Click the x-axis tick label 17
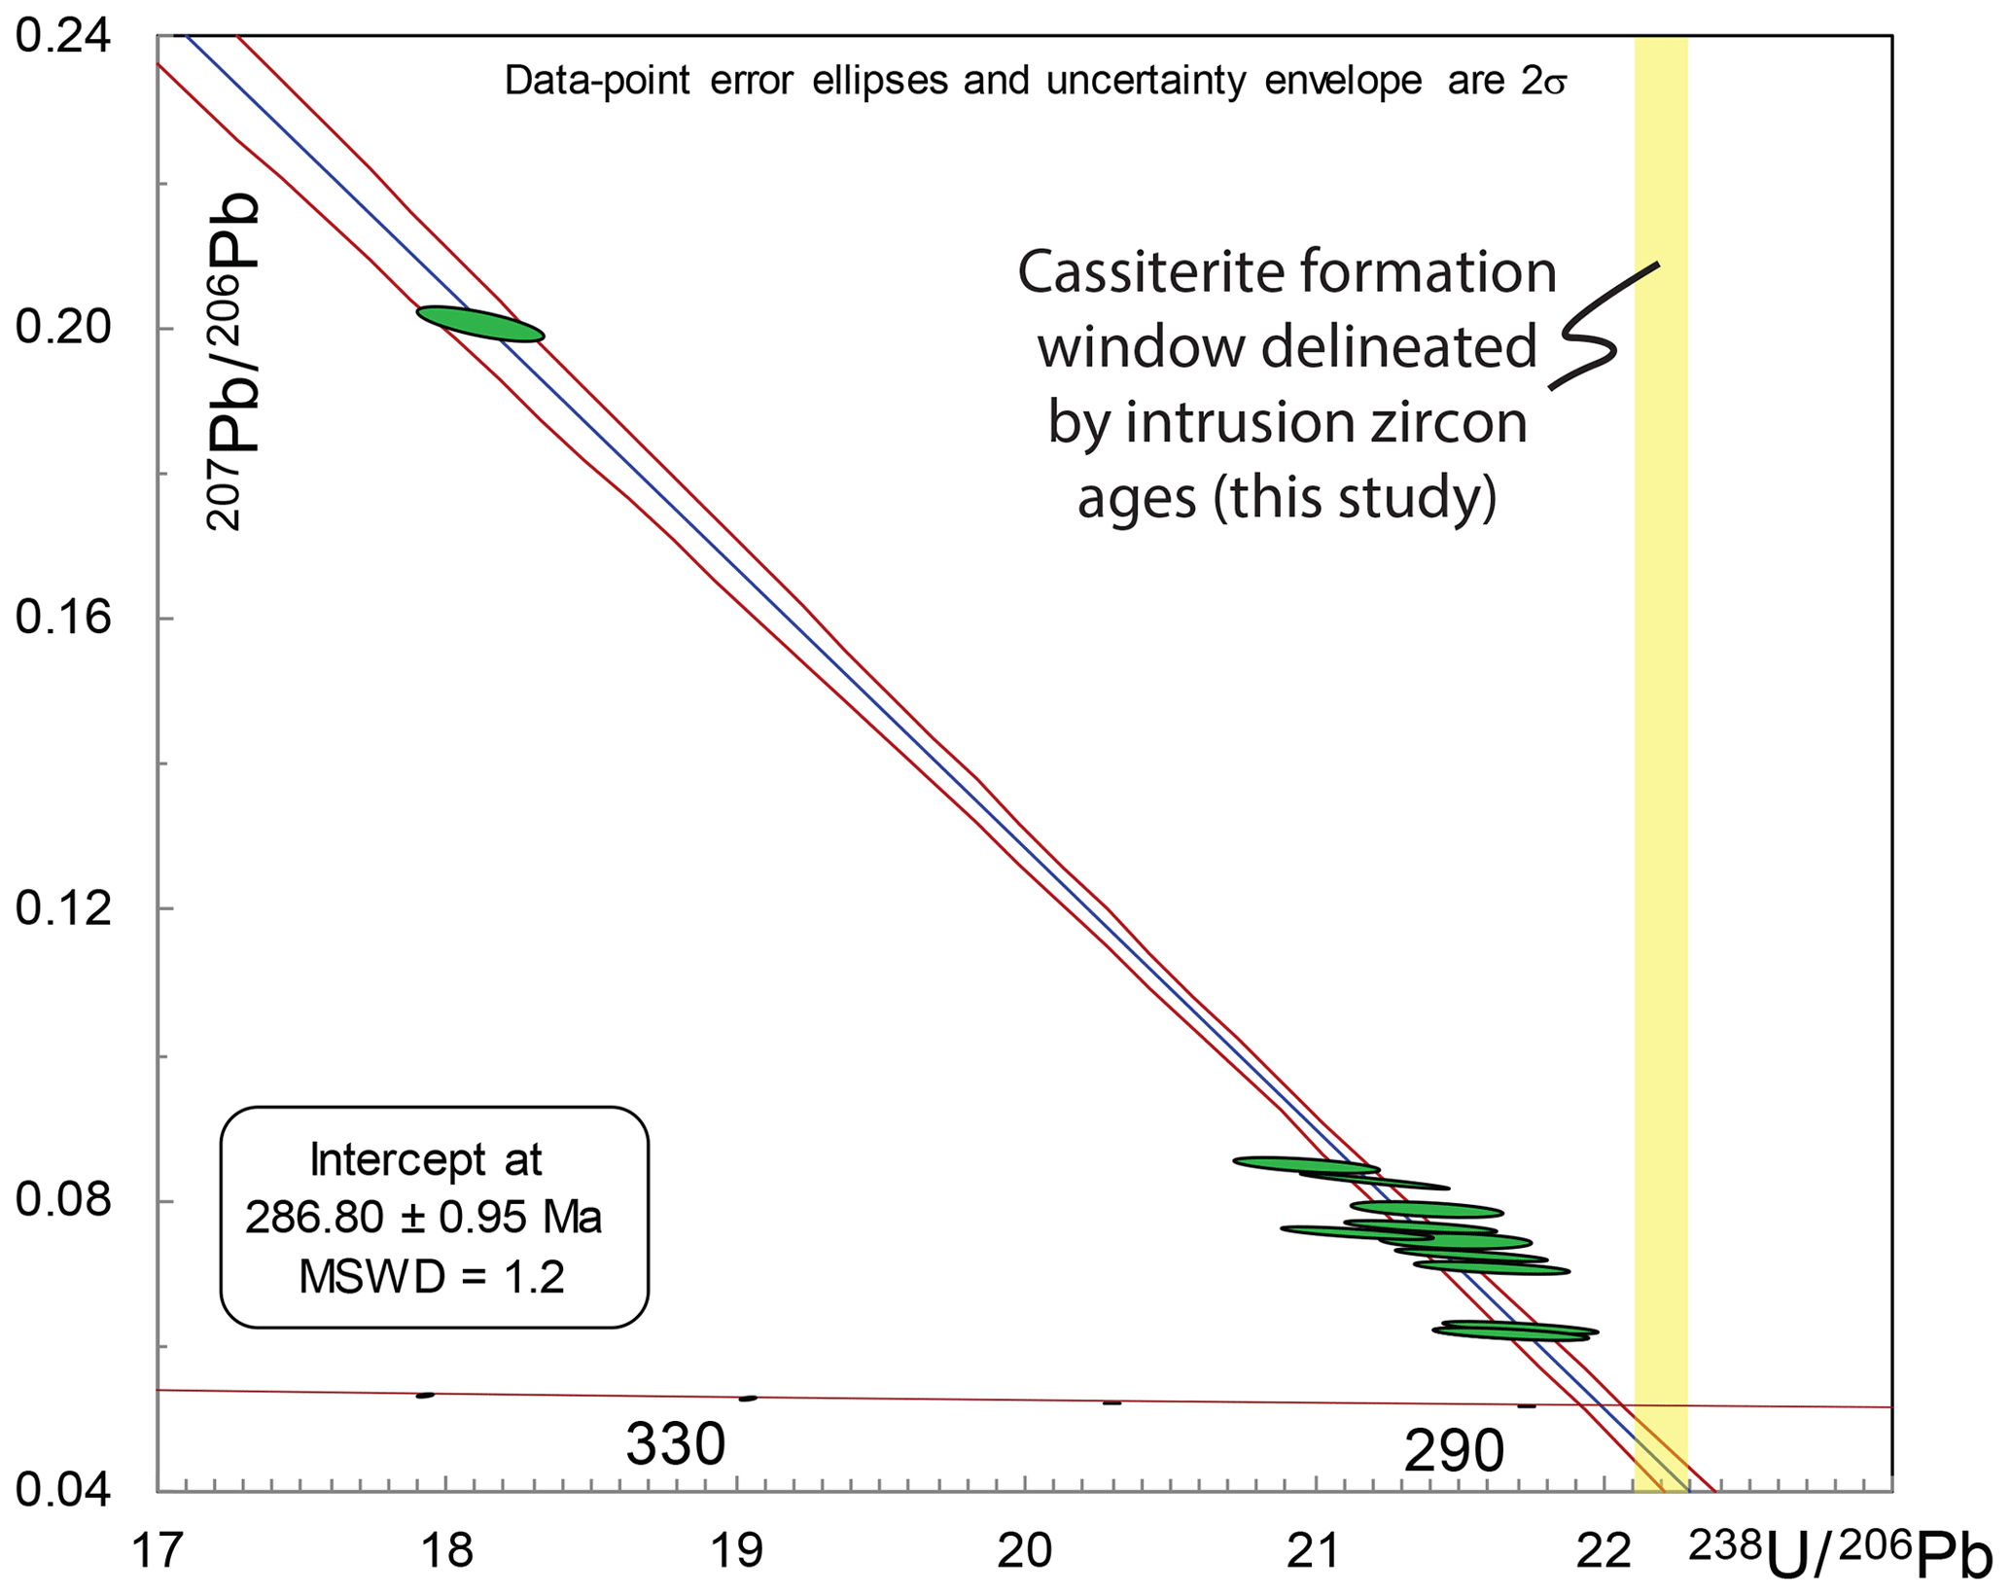[158, 1552]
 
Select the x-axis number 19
[736, 1552]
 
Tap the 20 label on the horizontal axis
[1025, 1552]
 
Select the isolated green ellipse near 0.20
[480, 324]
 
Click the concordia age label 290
[1454, 1453]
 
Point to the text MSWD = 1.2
[432, 1277]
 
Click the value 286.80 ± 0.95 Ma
[424, 1218]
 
